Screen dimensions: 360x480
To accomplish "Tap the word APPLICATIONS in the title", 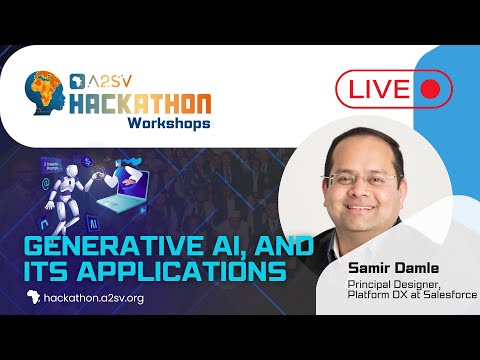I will click(x=190, y=269).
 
